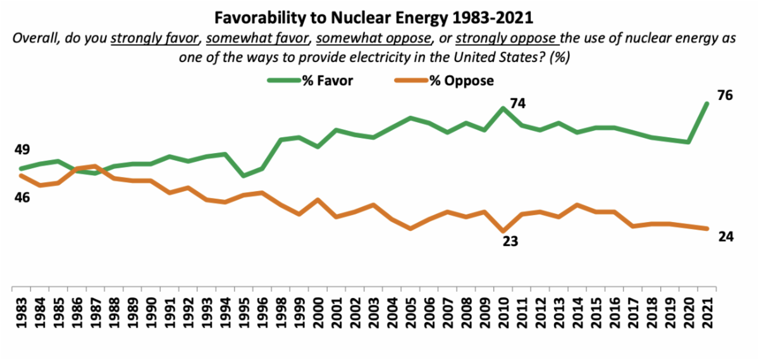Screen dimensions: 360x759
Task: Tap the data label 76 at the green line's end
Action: (725, 96)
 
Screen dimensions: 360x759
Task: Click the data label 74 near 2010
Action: (518, 103)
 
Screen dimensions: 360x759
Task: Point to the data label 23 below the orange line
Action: (510, 241)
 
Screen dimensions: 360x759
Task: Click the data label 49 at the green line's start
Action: (22, 150)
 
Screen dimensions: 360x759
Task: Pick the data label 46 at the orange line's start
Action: (22, 197)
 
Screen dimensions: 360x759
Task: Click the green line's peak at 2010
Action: (503, 108)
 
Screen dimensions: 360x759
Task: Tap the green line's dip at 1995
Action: (244, 176)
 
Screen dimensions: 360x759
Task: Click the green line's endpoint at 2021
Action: (707, 103)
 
